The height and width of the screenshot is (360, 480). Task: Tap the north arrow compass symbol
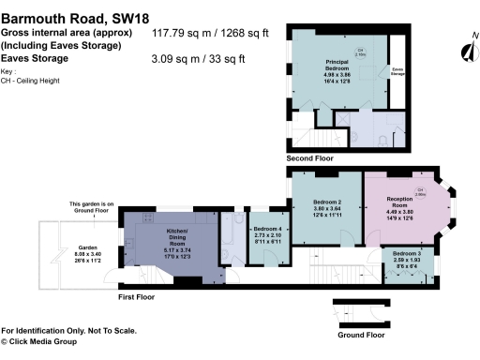tap(466, 52)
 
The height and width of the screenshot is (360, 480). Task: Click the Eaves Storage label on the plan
tap(397, 70)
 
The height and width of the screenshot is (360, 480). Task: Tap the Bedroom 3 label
tap(408, 257)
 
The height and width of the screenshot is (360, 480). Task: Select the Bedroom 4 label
tap(269, 234)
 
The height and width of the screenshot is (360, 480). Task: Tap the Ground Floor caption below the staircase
tap(361, 334)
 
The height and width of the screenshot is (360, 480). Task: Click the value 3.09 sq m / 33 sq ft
tap(199, 58)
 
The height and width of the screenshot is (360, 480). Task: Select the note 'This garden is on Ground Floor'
tap(91, 207)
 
